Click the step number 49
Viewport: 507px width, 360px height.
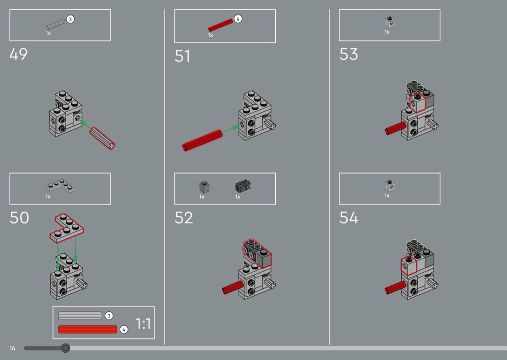pyautogui.click(x=18, y=55)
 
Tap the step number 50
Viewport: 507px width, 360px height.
pyautogui.click(x=19, y=218)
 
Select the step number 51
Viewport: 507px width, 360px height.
pyautogui.click(x=183, y=56)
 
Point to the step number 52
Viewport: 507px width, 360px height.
pyautogui.click(x=183, y=218)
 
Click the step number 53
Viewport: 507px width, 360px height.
pyautogui.click(x=349, y=55)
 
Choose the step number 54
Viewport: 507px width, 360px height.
pyautogui.click(x=349, y=218)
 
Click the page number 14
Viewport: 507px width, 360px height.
pyautogui.click(x=12, y=348)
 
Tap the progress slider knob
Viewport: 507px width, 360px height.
pyautogui.click(x=65, y=348)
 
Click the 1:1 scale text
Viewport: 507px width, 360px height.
pyautogui.click(x=143, y=323)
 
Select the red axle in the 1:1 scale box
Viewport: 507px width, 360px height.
pyautogui.click(x=87, y=329)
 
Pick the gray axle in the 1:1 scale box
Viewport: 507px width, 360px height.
pyautogui.click(x=80, y=316)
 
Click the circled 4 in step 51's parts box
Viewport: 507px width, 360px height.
pyautogui.click(x=238, y=19)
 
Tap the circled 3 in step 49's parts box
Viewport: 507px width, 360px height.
pyautogui.click(x=70, y=19)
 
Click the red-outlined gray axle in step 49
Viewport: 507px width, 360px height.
pyautogui.click(x=102, y=138)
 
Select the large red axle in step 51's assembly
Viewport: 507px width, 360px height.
pyautogui.click(x=202, y=140)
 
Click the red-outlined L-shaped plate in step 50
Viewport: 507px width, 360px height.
pyautogui.click(x=67, y=229)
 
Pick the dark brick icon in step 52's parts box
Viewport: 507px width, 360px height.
pyautogui.click(x=243, y=185)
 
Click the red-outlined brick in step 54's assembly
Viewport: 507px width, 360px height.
pyautogui.click(x=409, y=265)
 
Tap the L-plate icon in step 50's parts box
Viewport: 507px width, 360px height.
pyautogui.click(x=60, y=186)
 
